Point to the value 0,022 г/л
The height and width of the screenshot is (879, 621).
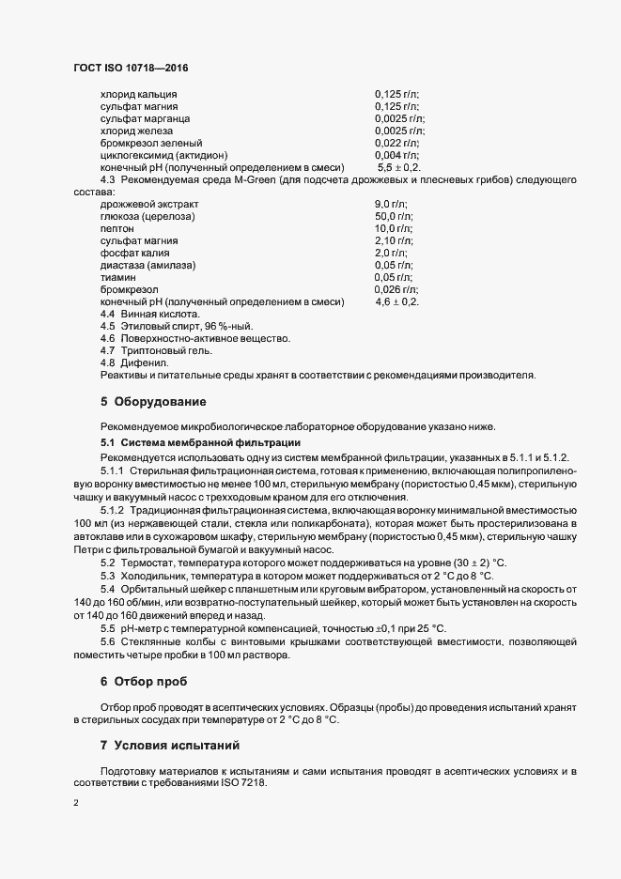pos(396,143)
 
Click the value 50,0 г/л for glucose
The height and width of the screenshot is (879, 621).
pos(394,216)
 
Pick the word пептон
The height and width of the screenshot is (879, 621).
pos(116,228)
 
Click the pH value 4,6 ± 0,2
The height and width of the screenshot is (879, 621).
pos(396,301)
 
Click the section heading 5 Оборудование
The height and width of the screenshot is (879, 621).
pos(152,402)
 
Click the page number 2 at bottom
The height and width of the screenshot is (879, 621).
pos(75,804)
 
